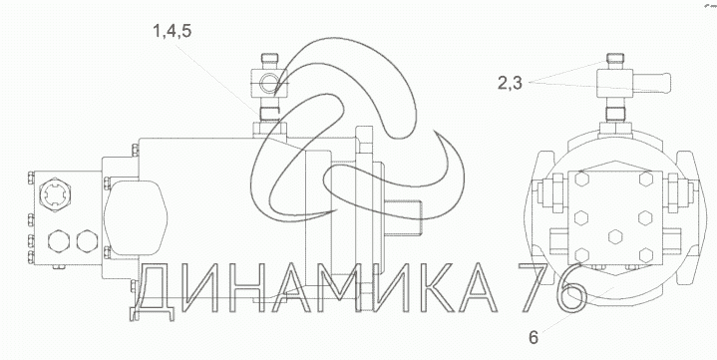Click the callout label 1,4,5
click(x=172, y=32)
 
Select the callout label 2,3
click(x=510, y=83)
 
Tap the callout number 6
click(x=534, y=338)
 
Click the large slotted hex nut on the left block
click(x=55, y=197)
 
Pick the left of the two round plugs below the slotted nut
click(x=59, y=241)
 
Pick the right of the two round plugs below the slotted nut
click(x=87, y=241)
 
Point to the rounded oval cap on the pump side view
click(x=136, y=217)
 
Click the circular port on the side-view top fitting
click(x=267, y=83)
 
